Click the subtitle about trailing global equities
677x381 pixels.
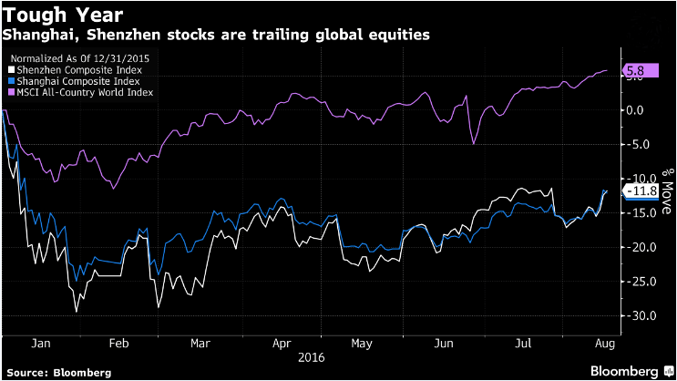pyautogui.click(x=216, y=35)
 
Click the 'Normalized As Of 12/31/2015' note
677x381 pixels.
pyautogui.click(x=71, y=57)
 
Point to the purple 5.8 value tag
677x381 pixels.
pyautogui.click(x=635, y=70)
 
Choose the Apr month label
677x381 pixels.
pyautogui.click(x=282, y=345)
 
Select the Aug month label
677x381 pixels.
pyautogui.click(x=604, y=345)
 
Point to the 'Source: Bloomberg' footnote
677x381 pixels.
pyautogui.click(x=56, y=372)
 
